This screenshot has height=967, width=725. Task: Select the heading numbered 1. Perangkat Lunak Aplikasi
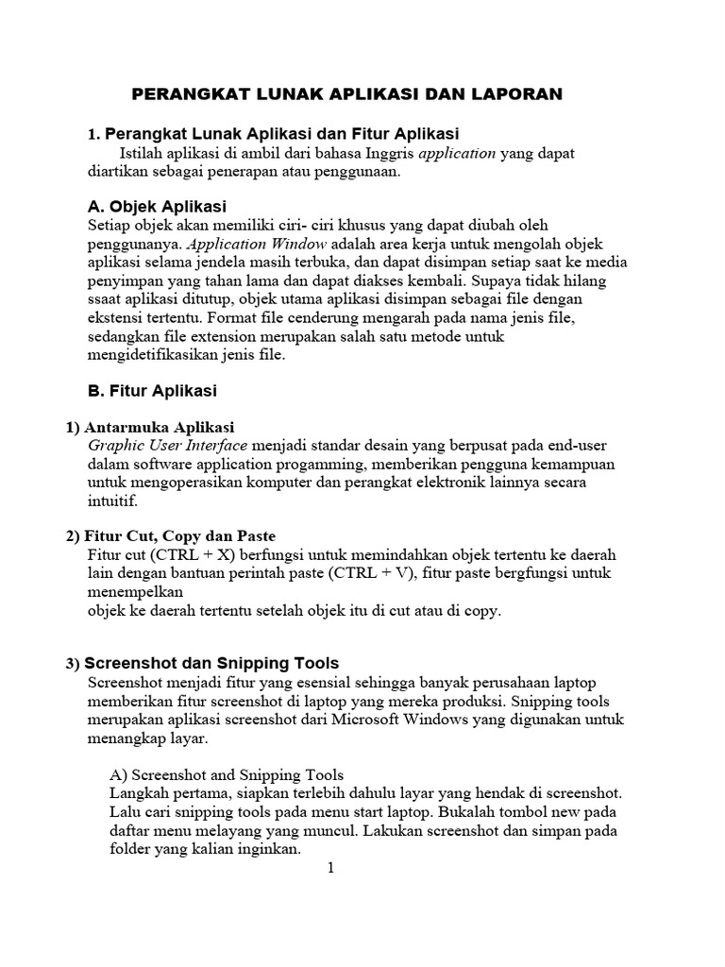pos(273,133)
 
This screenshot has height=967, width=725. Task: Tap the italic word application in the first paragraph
pos(457,153)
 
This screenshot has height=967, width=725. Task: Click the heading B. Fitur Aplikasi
pos(151,390)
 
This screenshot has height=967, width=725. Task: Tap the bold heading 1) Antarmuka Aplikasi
pos(150,427)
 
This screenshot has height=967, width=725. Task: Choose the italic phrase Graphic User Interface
pos(168,445)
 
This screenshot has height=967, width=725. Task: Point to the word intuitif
pos(111,501)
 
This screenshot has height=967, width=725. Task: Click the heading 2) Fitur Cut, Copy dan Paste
pos(171,536)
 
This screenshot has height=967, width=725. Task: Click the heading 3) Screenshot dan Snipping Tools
pos(202,663)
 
